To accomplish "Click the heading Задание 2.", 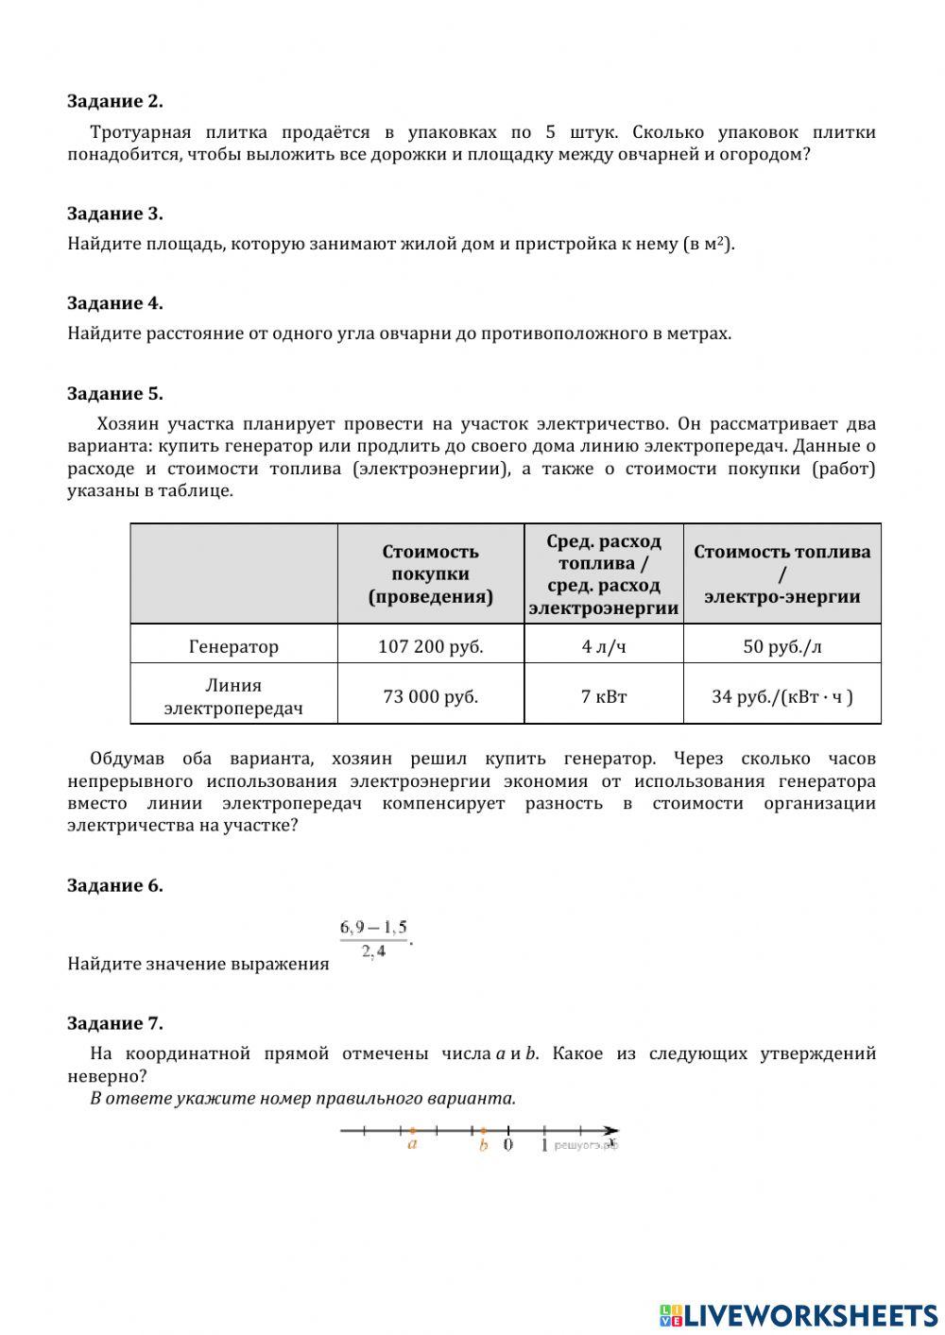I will click(114, 101).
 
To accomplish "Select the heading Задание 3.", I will click(114, 214).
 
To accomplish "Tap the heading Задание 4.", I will click(114, 303).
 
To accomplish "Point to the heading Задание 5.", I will click(114, 394).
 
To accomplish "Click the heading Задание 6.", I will click(114, 885).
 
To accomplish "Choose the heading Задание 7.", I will click(114, 1023).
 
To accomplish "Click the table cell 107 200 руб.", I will click(430, 646).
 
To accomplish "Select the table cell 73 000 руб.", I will click(430, 696).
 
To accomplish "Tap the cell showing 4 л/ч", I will click(603, 646).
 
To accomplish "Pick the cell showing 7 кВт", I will click(603, 696).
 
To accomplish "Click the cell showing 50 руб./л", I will click(782, 646).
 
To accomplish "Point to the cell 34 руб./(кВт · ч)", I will click(782, 696).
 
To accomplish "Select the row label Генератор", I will click(233, 646).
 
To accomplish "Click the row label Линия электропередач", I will click(233, 696).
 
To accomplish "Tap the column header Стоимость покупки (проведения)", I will click(430, 573).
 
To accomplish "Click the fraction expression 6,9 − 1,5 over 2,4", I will click(374, 939).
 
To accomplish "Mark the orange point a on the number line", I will click(412, 1130).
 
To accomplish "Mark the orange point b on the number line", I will click(483, 1130).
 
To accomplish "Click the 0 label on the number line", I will click(507, 1145).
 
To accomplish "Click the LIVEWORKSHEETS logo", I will click(799, 1314).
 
